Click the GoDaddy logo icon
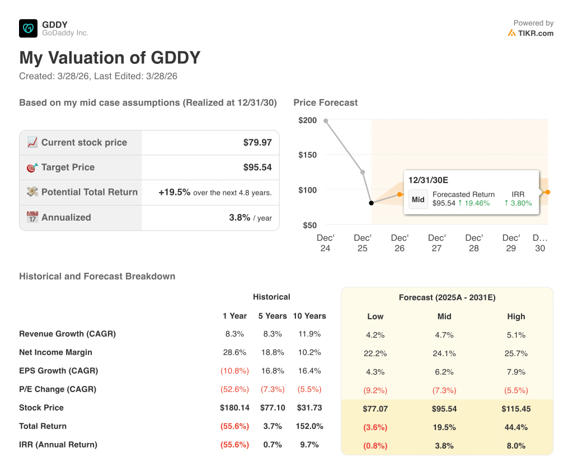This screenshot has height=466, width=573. (28, 29)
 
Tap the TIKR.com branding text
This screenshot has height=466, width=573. (536, 33)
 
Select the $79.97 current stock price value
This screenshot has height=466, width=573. (257, 143)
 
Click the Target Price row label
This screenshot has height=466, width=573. (68, 167)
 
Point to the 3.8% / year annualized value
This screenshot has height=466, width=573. (250, 217)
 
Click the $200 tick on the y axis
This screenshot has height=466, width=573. (307, 120)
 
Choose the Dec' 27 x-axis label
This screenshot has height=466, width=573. (437, 243)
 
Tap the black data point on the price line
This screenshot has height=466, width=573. (370, 203)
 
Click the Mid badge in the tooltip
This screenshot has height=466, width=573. (418, 199)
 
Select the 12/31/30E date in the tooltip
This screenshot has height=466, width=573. (428, 180)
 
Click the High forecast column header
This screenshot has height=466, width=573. (516, 316)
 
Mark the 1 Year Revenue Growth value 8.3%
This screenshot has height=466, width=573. (234, 334)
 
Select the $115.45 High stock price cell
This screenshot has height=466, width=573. (516, 409)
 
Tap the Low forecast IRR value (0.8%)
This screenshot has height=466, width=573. (375, 446)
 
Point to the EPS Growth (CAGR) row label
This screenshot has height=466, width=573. (58, 371)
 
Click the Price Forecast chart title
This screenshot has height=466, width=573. (326, 102)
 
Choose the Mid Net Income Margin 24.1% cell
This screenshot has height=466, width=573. (444, 353)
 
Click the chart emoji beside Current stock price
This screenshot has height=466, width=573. (32, 143)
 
